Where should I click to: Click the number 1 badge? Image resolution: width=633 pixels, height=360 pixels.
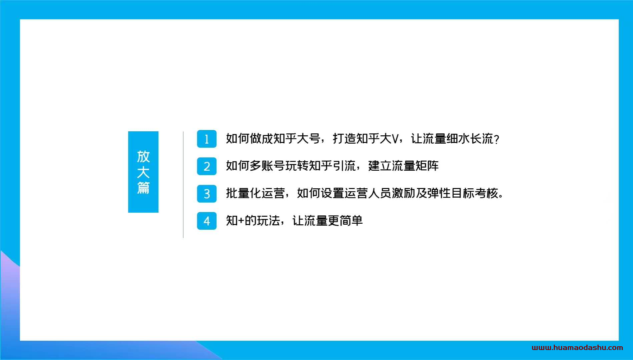207,139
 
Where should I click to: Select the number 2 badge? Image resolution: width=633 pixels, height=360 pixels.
207,166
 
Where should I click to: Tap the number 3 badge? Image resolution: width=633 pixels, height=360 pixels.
207,194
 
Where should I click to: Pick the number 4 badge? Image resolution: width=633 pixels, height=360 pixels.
207,221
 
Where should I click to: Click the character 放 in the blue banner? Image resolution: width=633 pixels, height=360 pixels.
143,156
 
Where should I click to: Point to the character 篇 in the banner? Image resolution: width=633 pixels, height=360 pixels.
143,188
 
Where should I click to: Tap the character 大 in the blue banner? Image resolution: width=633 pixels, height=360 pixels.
143,172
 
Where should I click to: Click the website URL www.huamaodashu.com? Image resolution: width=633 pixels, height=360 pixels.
577,348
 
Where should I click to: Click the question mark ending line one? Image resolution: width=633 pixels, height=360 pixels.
497,139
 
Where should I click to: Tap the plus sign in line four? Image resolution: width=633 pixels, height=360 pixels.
241,221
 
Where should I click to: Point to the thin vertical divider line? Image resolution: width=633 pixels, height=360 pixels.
183,185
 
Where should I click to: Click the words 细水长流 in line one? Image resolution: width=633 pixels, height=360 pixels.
470,139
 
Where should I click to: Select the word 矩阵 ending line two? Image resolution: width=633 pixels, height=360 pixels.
427,166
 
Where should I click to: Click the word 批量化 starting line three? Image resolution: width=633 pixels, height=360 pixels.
244,193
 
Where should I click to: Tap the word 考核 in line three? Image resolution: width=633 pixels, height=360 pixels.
487,193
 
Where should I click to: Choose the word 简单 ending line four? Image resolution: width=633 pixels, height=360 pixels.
351,221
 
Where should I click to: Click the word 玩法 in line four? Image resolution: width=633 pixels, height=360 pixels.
268,221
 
